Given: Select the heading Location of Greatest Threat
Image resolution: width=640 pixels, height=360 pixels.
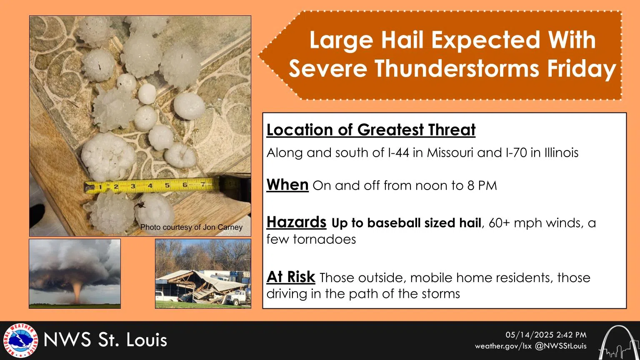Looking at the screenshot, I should coord(371,130).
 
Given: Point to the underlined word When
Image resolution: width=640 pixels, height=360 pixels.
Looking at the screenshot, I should coord(287,184).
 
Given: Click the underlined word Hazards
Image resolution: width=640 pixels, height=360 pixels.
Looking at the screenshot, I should coord(296,222).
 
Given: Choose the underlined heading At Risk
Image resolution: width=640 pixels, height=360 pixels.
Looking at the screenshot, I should coord(290,277).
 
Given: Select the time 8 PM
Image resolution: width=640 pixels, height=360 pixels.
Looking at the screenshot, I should coord(482,185).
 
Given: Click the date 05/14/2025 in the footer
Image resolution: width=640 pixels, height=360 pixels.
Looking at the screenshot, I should coord(529,335).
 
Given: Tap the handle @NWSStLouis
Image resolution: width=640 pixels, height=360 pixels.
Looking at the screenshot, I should coord(560,346).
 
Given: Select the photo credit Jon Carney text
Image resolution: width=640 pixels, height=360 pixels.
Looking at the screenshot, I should coord(222,227).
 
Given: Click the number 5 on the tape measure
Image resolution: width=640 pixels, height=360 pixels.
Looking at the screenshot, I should coord(167,185).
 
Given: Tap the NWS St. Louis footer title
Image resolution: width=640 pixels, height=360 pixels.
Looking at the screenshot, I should coord(105,340).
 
